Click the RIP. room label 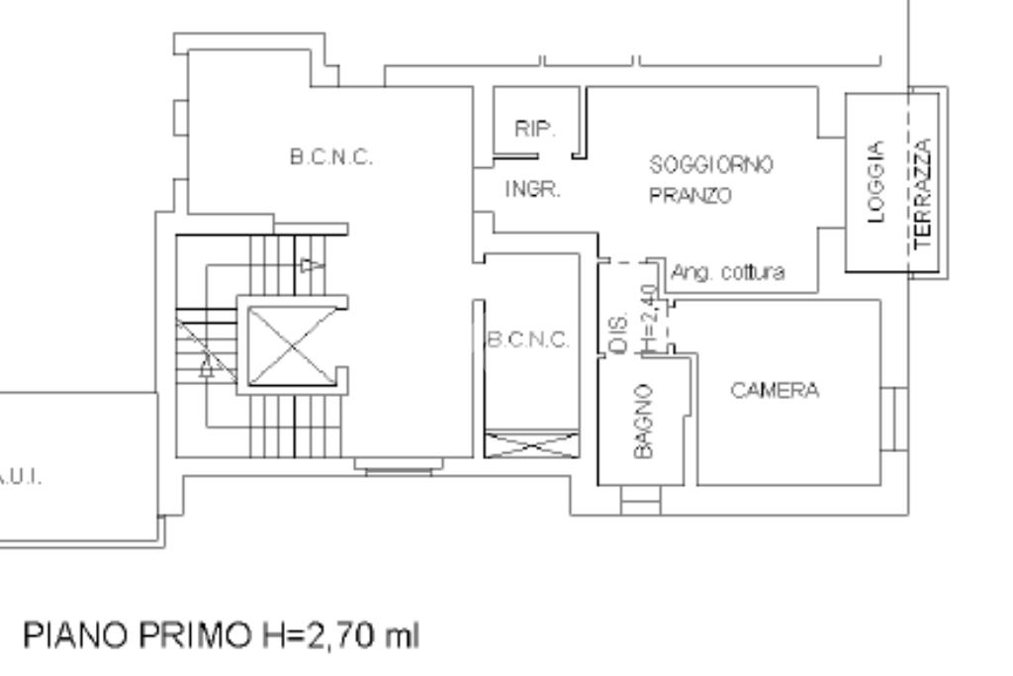click(535, 130)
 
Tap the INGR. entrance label click(533, 189)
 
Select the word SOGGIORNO click(711, 163)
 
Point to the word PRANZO click(691, 196)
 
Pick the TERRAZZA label click(924, 194)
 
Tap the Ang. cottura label click(728, 272)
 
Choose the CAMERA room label click(775, 390)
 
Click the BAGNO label click(643, 421)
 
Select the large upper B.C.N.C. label click(330, 158)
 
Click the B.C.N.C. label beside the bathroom click(528, 340)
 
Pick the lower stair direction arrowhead click(207, 369)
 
